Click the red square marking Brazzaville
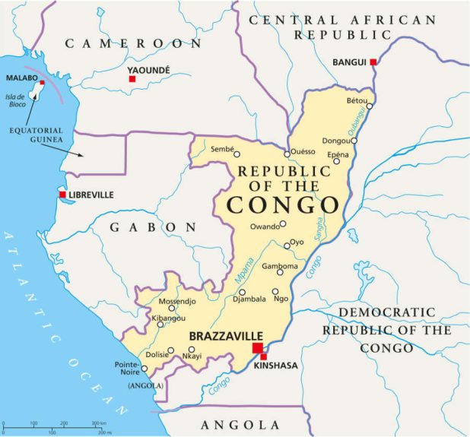coord(257,348)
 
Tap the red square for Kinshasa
coord(264,356)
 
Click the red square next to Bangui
coord(373,62)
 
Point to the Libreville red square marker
coord(62,195)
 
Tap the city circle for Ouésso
coord(287,154)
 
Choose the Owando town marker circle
coord(282,224)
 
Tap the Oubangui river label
coord(357,126)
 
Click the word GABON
coord(153,227)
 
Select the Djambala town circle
coord(243,292)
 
